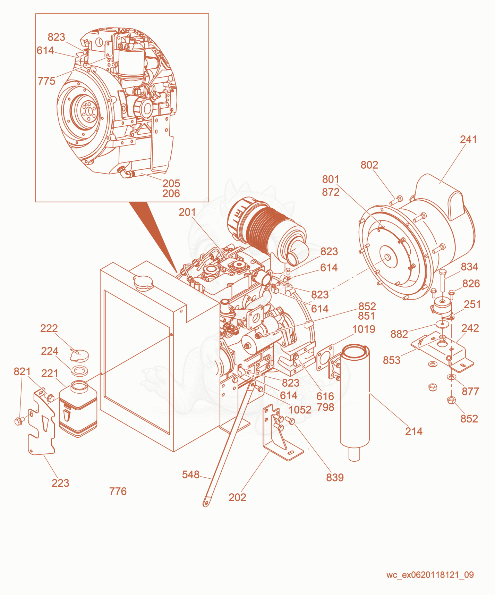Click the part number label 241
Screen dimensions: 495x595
point(468,140)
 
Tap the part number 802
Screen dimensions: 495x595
point(369,165)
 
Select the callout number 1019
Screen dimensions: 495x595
point(364,329)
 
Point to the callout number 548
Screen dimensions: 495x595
point(191,475)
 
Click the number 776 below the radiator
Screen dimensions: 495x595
point(118,491)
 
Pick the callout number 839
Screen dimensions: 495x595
point(335,477)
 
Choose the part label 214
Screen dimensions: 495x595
point(414,431)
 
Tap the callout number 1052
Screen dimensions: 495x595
point(300,410)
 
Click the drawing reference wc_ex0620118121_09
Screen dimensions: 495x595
point(430,575)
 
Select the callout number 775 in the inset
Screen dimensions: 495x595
point(46,81)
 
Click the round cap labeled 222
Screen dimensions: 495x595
point(79,355)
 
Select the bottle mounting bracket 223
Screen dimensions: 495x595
point(41,422)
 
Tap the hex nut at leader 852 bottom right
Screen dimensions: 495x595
point(451,400)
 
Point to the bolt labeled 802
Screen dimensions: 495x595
point(396,200)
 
